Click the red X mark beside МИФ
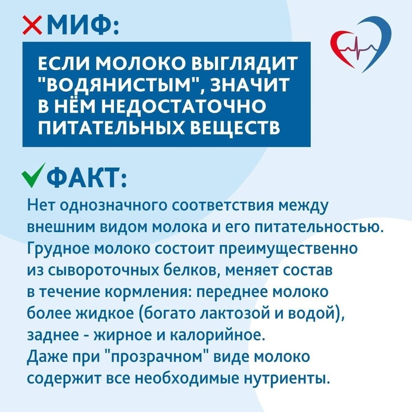32,25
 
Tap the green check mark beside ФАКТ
33,175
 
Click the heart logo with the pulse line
360,44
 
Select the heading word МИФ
79,25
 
